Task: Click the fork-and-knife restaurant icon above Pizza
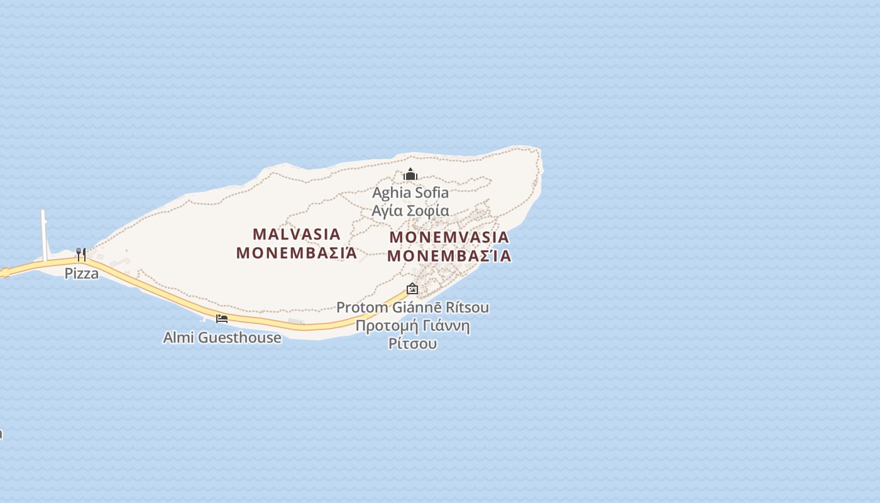pos(81,254)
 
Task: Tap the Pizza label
pos(82,274)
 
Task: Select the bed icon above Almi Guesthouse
pos(222,319)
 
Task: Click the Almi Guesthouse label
pos(222,338)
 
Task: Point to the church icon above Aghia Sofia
pos(410,174)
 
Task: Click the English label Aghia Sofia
pos(410,192)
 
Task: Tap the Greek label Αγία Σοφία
pos(410,211)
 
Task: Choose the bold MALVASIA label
pos(297,235)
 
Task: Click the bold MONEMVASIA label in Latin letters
pos(449,238)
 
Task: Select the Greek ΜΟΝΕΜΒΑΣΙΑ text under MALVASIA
pos(297,253)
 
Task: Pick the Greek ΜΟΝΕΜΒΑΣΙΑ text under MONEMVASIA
pos(449,257)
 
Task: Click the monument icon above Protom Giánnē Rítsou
pos(412,289)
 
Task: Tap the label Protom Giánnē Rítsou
pos(412,307)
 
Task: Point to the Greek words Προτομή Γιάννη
pos(412,326)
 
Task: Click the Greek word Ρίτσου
pos(412,343)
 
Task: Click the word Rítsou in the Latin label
pos(466,307)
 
